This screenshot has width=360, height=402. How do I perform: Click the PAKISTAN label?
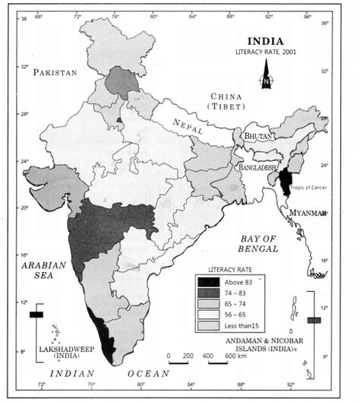(x=54, y=72)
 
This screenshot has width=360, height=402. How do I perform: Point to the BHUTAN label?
(x=256, y=135)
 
